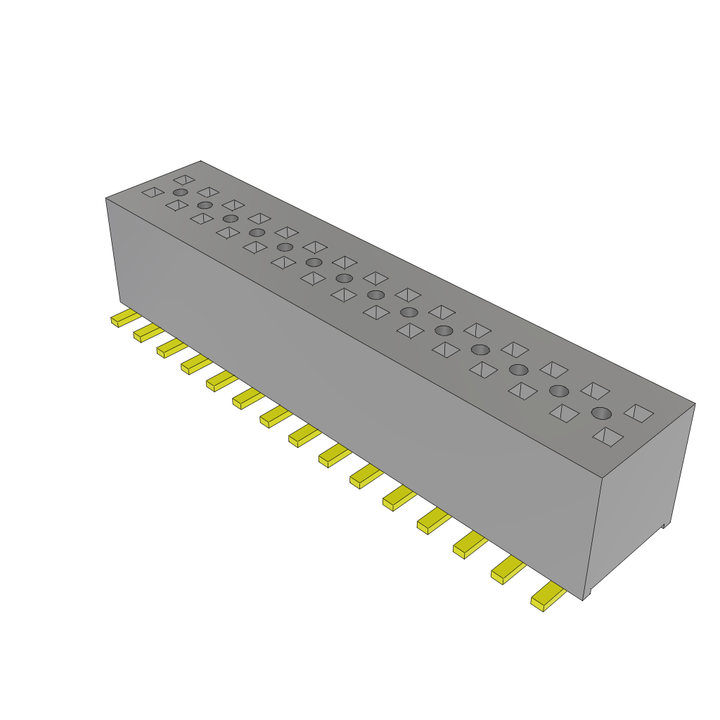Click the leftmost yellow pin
(123, 318)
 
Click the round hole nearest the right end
(601, 413)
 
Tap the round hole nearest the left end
(180, 192)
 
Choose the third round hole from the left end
(231, 219)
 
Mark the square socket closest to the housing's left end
(153, 192)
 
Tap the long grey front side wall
(352, 394)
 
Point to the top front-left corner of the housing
(106, 198)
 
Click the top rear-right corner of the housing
(695, 404)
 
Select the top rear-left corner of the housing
(201, 161)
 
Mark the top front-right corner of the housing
(604, 478)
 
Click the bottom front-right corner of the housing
(584, 600)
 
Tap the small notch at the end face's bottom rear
(664, 525)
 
